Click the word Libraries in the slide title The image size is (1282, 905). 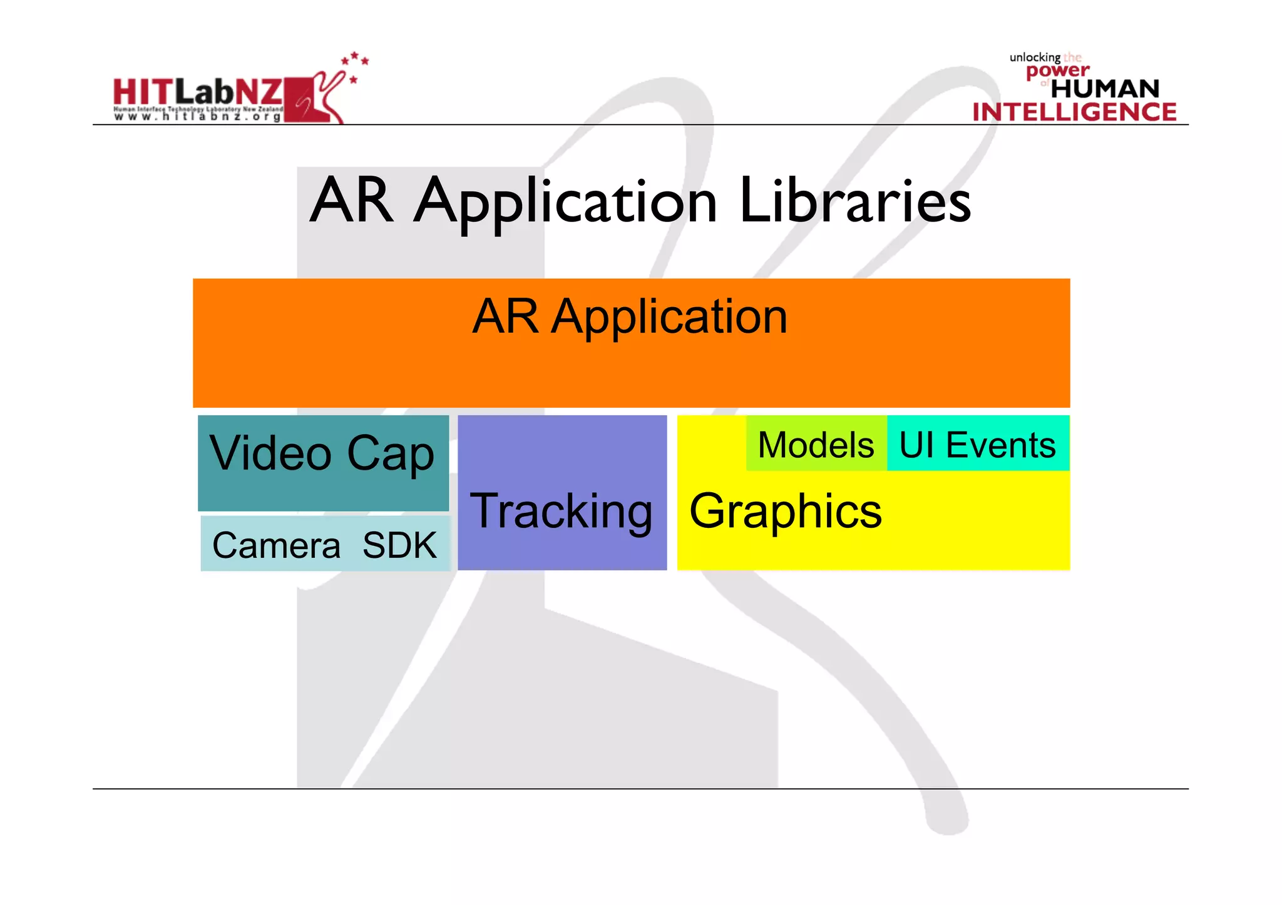coord(854,201)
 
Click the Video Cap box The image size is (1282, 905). coord(323,463)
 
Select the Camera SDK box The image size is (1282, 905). coord(325,544)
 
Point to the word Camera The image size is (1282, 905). coord(276,545)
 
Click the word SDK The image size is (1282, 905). coord(399,545)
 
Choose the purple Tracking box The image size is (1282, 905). coord(562,493)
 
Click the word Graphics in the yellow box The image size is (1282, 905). coord(786,512)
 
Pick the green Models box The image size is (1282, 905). coord(816,445)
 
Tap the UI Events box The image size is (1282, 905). coord(977,445)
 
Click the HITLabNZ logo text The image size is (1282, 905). coord(197,93)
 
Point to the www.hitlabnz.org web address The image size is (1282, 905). coord(197,117)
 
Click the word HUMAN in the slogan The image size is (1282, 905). coord(1105,89)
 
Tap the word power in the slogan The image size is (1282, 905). coord(1057,71)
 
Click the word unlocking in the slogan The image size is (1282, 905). coord(1034,58)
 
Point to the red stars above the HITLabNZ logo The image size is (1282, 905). coord(355,63)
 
